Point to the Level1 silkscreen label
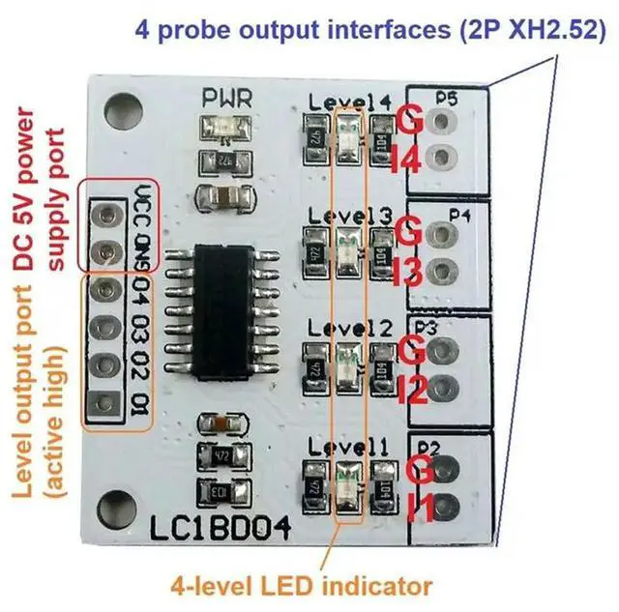tap(350, 447)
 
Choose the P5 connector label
tap(446, 97)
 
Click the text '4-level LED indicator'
tap(300, 586)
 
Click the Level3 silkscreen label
tap(350, 214)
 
